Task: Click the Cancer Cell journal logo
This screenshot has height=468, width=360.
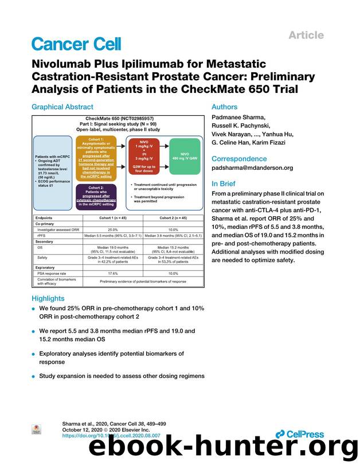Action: coord(76,43)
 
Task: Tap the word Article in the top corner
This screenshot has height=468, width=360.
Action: coord(306,35)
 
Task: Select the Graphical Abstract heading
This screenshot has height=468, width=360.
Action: coord(62,107)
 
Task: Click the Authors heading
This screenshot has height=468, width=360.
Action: coord(225,107)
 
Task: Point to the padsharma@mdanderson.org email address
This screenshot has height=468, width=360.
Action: coord(252,168)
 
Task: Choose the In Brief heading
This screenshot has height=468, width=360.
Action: coord(225,184)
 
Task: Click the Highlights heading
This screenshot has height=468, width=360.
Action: coord(48,298)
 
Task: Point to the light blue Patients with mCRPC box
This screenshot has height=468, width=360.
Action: coord(53,166)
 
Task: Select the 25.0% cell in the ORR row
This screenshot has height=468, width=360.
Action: coord(113,229)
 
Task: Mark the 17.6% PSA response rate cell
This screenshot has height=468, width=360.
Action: coord(113,274)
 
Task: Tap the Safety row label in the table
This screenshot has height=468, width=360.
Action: coord(42,258)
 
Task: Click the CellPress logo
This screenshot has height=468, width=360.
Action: coord(299,434)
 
